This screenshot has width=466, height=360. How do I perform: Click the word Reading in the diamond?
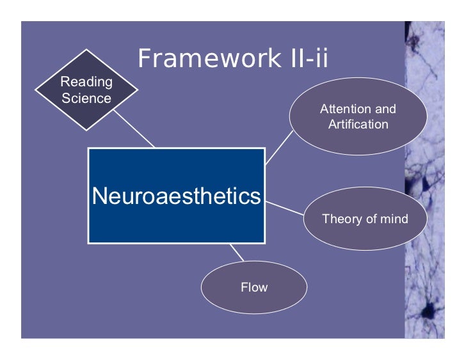pyautogui.click(x=86, y=82)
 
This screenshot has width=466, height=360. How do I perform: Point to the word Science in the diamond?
pyautogui.click(x=86, y=98)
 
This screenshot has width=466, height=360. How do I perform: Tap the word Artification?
pyautogui.click(x=358, y=124)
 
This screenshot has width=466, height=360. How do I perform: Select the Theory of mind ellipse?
pyautogui.click(x=364, y=219)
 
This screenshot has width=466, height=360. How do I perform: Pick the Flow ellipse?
pyautogui.click(x=254, y=287)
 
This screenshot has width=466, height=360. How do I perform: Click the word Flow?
pyautogui.click(x=254, y=287)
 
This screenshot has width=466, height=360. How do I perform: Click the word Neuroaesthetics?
pyautogui.click(x=176, y=196)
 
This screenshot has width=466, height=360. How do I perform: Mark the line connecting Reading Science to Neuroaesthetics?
pyautogui.click(x=134, y=129)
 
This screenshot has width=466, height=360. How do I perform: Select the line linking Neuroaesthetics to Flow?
pyautogui.click(x=237, y=253)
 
